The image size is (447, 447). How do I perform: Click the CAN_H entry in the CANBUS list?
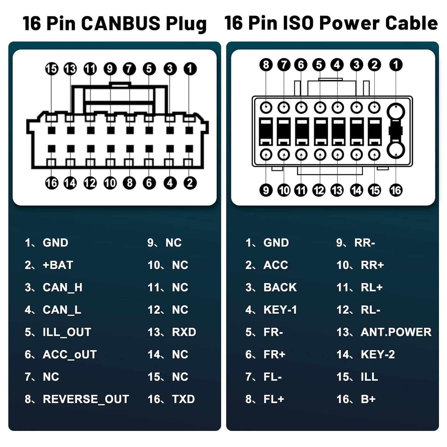point(62,288)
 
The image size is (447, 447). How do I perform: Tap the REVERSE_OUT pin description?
point(86,399)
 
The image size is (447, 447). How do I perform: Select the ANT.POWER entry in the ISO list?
point(396,332)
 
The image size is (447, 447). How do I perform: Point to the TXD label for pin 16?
point(183,399)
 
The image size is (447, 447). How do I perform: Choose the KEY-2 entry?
point(378,355)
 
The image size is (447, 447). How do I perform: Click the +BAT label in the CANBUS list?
point(58,265)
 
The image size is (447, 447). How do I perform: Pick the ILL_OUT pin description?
point(67,332)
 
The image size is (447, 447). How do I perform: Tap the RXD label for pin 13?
point(184,332)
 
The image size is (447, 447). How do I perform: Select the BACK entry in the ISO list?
point(280,288)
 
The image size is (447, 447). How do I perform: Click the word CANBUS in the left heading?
point(121,23)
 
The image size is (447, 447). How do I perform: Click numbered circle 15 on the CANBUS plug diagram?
point(52,69)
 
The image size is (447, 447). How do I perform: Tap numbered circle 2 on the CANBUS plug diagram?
point(190,183)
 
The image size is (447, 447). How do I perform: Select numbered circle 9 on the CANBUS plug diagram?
point(110,69)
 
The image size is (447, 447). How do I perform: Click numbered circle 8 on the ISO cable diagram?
point(266,65)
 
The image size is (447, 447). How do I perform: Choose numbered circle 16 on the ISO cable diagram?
point(396,190)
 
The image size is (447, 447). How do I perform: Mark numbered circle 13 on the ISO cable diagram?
point(337,190)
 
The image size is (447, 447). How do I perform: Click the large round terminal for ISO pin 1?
point(396,112)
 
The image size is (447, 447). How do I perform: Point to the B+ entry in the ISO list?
point(368,399)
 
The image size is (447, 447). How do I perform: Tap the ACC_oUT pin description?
point(70,355)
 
